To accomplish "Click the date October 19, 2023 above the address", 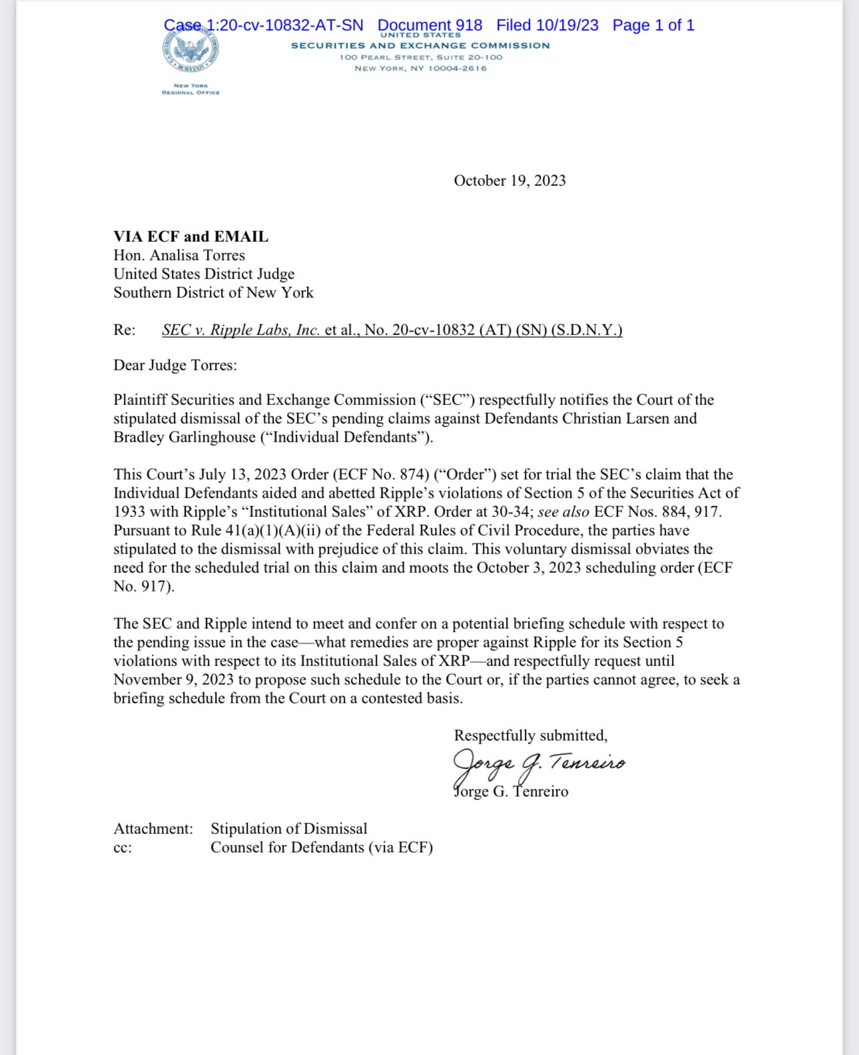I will pos(509,180).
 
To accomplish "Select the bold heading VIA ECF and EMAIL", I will pos(191,236).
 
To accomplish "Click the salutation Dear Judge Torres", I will pos(175,365).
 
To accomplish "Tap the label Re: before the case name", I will pos(124,330).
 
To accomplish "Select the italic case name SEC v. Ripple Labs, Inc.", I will pos(241,330).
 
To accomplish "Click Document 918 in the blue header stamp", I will pos(429,25).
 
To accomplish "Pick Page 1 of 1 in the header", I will pos(653,25).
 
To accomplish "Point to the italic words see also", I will pos(563,512).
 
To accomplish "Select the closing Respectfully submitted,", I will pos(531,735).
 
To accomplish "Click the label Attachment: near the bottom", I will pos(153,829).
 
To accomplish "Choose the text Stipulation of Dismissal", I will pos(289,829).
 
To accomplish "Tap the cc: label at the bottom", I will pos(123,848).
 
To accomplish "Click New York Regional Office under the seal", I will pos(190,89).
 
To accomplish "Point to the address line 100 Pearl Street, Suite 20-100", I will pos(421,57).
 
